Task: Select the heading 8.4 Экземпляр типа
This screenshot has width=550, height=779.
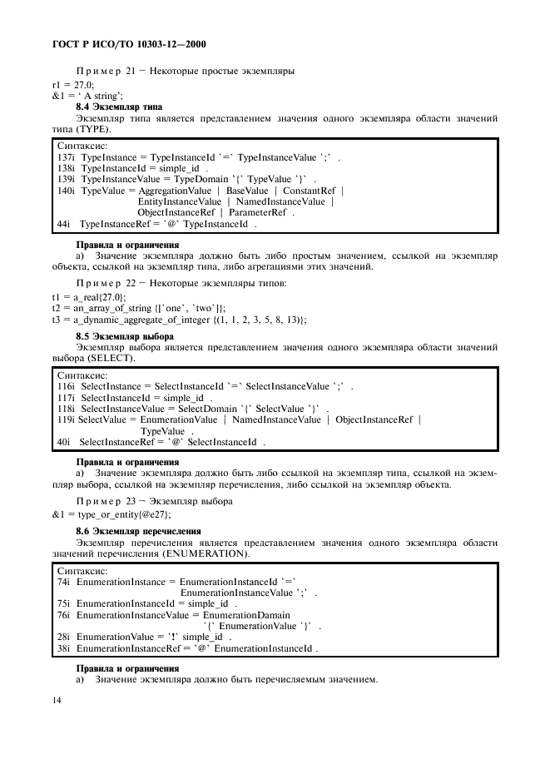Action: click(x=119, y=107)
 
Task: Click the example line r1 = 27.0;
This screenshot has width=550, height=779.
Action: click(x=73, y=84)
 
